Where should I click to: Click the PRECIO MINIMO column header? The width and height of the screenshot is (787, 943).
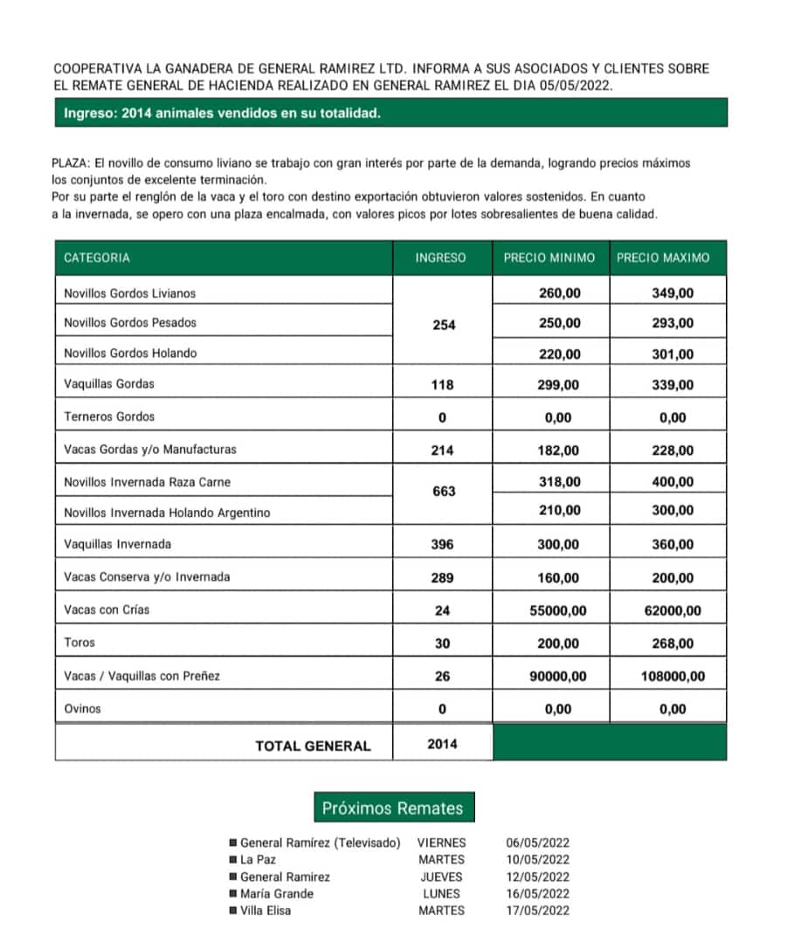(549, 258)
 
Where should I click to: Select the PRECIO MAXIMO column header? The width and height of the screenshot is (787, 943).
(663, 258)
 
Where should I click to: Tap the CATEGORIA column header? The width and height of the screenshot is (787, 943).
(97, 258)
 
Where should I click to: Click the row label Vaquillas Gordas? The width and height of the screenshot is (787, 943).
(109, 383)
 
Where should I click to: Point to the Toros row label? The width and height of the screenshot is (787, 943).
(79, 642)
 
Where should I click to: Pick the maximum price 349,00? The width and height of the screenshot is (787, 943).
(673, 293)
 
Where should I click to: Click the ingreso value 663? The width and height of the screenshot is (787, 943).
(444, 492)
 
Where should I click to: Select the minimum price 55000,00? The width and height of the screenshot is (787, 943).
(558, 610)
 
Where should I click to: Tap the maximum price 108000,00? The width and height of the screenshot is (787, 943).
(673, 676)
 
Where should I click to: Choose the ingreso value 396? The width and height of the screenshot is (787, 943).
(443, 544)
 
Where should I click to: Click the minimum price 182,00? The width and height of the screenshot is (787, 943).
(559, 451)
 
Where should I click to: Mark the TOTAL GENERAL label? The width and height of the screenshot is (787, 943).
(313, 746)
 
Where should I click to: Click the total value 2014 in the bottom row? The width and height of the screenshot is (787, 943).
(442, 744)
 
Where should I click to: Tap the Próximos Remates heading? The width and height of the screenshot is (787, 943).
(392, 808)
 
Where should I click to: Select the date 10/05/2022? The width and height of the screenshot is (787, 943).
(537, 859)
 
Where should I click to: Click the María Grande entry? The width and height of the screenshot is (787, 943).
(276, 893)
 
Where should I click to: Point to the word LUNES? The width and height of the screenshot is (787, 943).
(441, 893)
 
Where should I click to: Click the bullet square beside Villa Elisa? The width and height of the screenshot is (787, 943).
(232, 911)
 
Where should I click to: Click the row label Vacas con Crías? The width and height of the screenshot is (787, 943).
(107, 609)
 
